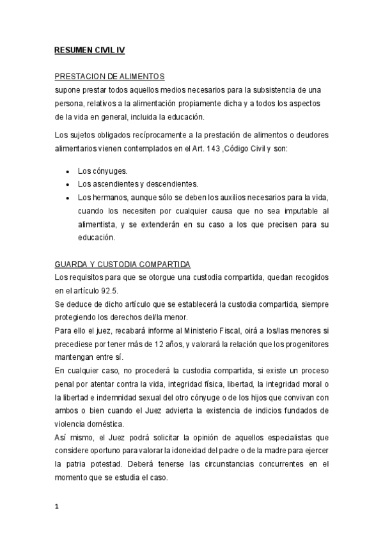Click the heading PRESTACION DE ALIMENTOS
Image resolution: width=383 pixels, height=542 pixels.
point(110,77)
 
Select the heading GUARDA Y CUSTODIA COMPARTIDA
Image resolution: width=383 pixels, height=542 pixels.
point(123,264)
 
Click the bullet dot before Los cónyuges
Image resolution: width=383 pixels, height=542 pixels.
point(68,172)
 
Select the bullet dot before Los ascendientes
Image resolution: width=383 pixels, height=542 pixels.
point(68,184)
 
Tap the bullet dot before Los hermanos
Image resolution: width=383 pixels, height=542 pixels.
point(68,197)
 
